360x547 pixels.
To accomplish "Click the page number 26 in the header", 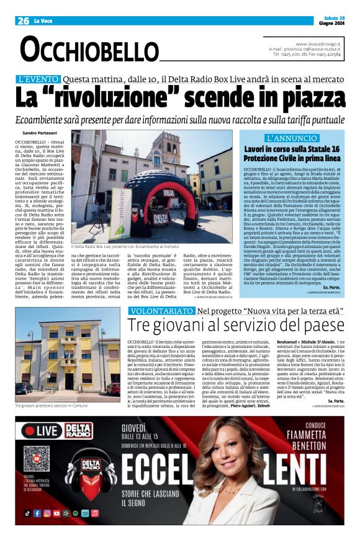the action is point(23,21).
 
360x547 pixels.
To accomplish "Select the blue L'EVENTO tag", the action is point(55,79).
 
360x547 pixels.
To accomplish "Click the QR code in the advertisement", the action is point(36,458).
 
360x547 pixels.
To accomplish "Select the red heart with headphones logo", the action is point(91,466).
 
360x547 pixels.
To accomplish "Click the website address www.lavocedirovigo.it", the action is point(319,43).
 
